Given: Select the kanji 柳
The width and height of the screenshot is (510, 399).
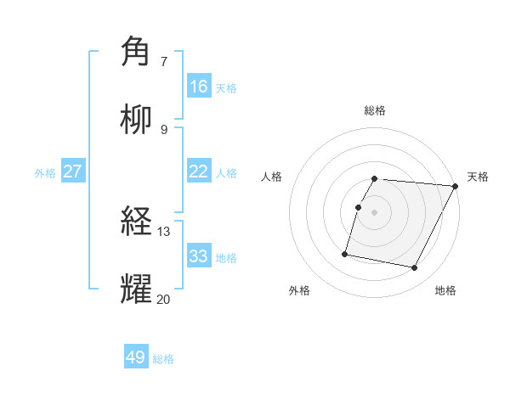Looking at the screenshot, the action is (135, 120).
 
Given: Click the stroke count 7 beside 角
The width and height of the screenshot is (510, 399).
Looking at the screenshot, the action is (164, 61).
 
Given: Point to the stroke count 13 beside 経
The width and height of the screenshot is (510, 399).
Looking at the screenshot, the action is (164, 231).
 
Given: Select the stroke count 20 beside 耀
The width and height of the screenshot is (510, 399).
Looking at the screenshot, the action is (164, 298).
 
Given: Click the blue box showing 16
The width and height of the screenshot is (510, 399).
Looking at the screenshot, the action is (199, 87).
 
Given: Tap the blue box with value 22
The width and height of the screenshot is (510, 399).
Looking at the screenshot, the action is (199, 171).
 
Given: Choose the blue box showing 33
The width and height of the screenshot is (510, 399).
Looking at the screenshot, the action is (199, 256).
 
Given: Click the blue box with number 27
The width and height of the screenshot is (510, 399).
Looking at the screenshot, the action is (73, 171).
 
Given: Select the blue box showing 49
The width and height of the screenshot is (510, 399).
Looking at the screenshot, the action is (136, 357).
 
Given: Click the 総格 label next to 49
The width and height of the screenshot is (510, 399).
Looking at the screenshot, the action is (163, 359).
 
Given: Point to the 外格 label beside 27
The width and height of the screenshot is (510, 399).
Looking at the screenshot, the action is (45, 173).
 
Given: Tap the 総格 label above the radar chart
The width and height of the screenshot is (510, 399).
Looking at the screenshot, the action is (375, 110).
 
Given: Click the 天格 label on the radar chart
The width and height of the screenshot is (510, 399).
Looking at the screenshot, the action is (478, 177).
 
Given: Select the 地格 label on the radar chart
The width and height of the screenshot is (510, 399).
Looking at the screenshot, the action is (445, 290).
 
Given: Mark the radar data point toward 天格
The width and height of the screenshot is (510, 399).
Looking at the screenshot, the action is (456, 186).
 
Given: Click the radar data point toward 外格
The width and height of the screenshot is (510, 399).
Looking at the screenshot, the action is (345, 253).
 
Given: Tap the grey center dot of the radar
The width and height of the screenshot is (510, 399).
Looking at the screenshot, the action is (375, 212).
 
